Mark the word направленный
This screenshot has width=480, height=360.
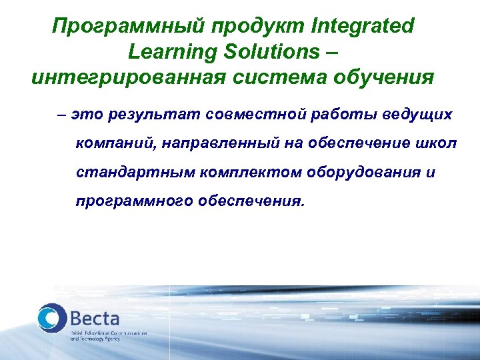213,143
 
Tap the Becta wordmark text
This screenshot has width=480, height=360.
97,315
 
